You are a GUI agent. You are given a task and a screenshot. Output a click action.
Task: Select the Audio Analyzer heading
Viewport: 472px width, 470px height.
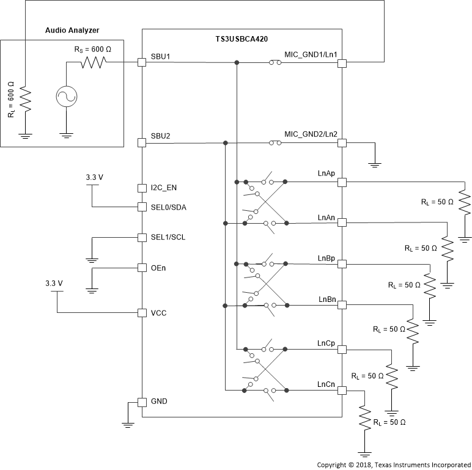[73, 31]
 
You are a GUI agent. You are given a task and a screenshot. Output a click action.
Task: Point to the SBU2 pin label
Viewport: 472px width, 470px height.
[161, 136]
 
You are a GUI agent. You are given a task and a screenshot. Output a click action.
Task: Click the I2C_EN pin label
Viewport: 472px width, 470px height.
[164, 188]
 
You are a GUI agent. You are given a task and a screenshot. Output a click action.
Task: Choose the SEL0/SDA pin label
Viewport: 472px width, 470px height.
[169, 207]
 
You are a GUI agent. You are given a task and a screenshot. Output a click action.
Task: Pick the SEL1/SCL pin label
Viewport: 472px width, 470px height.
[169, 237]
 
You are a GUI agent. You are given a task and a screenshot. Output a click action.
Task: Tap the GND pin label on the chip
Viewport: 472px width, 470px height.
[160, 402]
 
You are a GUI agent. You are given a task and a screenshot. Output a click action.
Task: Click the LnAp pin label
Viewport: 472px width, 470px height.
[326, 174]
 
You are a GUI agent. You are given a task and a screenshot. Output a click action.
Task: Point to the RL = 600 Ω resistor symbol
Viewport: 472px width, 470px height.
[24, 98]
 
